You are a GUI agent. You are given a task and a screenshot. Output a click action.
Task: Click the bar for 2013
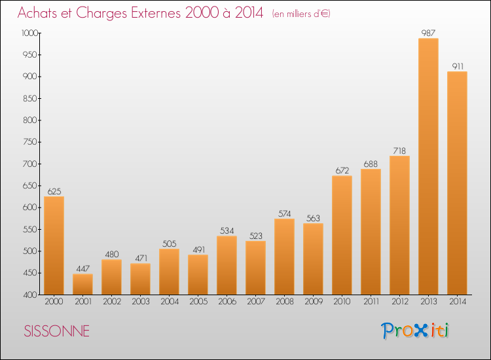(x=428, y=166)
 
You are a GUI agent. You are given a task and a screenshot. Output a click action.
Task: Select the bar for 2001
(x=82, y=284)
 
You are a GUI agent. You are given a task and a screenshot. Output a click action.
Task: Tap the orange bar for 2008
(x=284, y=257)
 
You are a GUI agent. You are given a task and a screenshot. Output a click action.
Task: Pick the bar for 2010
(x=342, y=235)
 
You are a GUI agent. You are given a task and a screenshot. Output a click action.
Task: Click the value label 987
(x=428, y=33)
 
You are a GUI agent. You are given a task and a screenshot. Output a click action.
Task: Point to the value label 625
(x=54, y=191)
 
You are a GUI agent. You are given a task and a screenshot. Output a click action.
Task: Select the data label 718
(x=399, y=151)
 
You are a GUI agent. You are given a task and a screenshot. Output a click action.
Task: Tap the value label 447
(x=83, y=268)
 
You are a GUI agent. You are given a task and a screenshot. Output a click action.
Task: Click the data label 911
(x=458, y=66)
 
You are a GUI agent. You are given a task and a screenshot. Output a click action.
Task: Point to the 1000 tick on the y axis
(x=29, y=33)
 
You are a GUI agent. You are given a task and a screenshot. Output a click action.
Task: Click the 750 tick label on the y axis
(x=30, y=142)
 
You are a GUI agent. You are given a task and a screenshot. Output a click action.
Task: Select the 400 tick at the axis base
(x=30, y=295)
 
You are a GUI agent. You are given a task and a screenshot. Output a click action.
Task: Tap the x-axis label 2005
(x=198, y=302)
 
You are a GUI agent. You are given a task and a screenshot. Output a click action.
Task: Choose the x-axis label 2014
(x=458, y=302)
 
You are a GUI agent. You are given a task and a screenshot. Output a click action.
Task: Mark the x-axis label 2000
(x=54, y=302)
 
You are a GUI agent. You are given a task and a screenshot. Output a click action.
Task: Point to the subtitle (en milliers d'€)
(x=301, y=14)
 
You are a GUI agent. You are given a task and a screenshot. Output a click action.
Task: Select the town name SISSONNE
(x=57, y=331)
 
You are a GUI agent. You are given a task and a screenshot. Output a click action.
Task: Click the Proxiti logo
(x=415, y=331)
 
